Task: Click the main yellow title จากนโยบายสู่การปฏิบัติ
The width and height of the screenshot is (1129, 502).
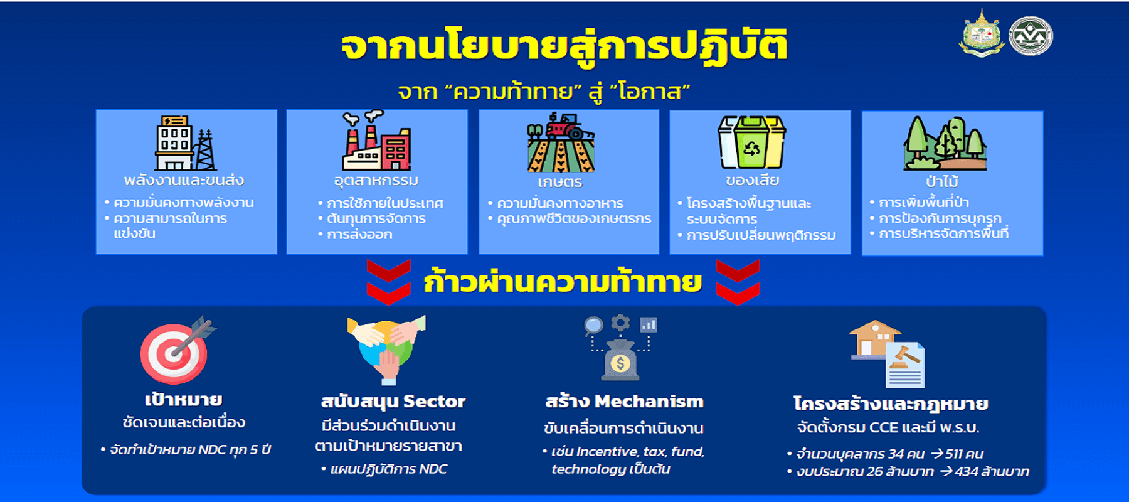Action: coord(564,45)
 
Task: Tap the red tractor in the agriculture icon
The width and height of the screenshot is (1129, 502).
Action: coord(568,126)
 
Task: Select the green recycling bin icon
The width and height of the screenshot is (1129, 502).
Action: coord(751,142)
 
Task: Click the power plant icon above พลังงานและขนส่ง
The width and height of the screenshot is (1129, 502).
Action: coord(185,143)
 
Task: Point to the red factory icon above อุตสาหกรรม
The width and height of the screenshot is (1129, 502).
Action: coord(376,141)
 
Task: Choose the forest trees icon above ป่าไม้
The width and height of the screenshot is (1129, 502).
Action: coord(945,143)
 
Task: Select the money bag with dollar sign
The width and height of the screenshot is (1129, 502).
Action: coord(620,360)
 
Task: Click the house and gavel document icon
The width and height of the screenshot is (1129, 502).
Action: coord(887,354)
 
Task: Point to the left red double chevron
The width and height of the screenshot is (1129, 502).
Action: coord(389,282)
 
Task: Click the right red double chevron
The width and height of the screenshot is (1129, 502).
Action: coord(738,282)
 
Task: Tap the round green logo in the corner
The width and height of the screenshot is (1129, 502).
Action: coord(1031,36)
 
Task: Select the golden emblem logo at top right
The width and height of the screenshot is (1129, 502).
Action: coord(982,33)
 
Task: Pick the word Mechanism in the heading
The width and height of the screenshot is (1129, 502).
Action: coord(649,402)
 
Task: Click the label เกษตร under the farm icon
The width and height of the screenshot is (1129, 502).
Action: coord(560,182)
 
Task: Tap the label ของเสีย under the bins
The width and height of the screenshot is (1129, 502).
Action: coord(752,181)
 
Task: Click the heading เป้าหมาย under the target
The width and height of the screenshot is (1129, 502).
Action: coord(184,400)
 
